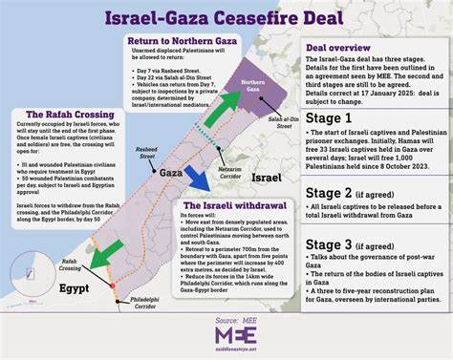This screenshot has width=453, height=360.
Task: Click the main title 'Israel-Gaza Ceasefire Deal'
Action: [226, 20]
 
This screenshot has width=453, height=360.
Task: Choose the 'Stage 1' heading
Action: [329, 117]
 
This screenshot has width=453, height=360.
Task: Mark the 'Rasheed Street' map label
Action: [145, 153]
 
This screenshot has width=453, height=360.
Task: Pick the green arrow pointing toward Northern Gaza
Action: [221, 107]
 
